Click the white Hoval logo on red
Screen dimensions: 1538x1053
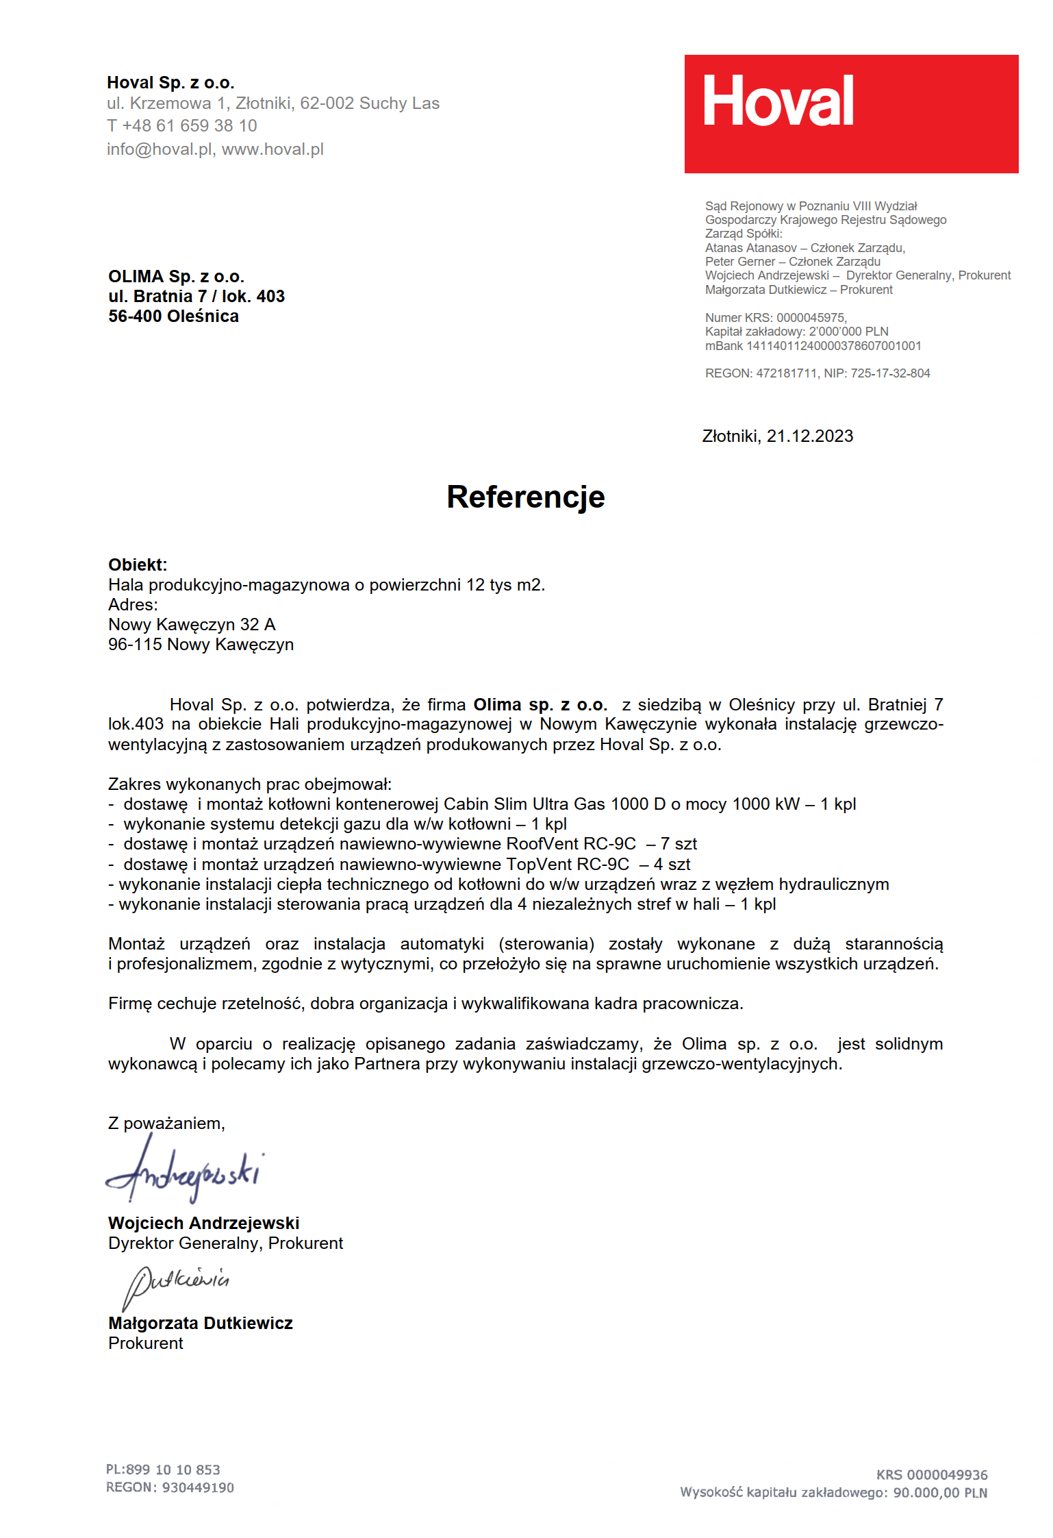[x=778, y=101]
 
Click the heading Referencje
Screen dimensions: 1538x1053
[x=525, y=497]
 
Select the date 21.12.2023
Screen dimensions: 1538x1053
[x=809, y=436]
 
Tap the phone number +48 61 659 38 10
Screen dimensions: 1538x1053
[x=189, y=126]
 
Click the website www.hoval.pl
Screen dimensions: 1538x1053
[x=272, y=149]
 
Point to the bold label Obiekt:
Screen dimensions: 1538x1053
[x=138, y=565]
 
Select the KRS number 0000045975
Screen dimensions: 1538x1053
[x=811, y=318]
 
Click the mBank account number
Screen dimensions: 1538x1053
[x=833, y=346]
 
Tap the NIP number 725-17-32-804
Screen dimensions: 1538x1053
[x=890, y=373]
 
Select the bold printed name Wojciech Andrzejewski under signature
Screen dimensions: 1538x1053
[x=203, y=1224]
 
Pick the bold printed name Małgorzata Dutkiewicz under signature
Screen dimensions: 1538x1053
[x=200, y=1324]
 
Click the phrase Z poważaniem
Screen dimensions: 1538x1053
[x=166, y=1124]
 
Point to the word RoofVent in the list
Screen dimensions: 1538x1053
[x=542, y=844]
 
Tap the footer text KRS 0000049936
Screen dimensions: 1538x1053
[x=931, y=1475]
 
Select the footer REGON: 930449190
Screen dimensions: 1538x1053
[x=170, y=1487]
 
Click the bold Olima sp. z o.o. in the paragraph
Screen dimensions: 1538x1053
[x=540, y=705]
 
